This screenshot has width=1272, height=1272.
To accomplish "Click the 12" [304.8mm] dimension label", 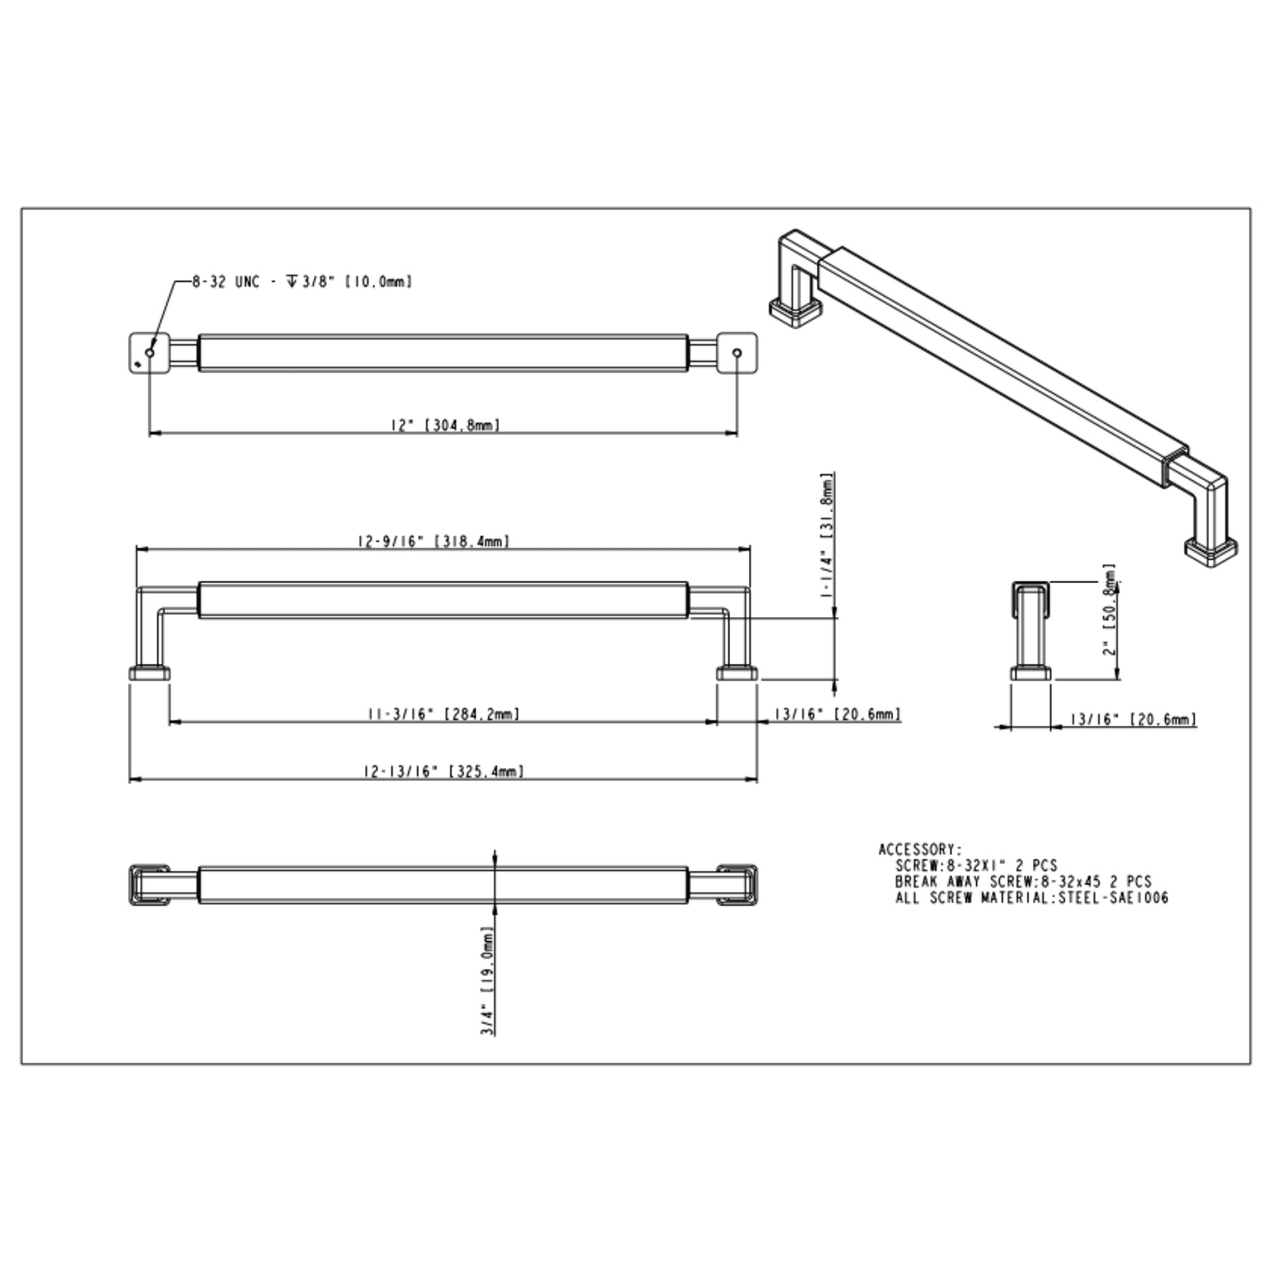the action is tap(446, 425).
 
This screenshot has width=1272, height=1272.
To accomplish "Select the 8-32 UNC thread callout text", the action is tap(302, 282).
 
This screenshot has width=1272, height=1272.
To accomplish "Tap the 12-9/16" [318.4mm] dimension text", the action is tap(434, 541).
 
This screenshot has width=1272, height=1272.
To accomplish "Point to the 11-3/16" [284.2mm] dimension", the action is tap(443, 714).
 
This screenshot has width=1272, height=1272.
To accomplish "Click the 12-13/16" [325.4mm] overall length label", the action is tap(444, 771).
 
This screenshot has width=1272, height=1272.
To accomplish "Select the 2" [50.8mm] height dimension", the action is tap(1110, 609).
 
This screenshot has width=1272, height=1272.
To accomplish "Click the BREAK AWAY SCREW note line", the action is tap(1023, 881).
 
